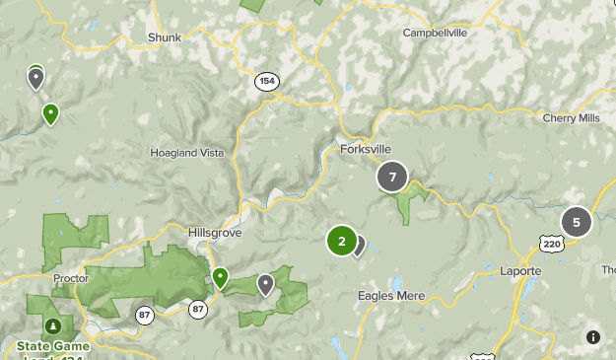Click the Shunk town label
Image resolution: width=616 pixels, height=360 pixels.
pos(166,37)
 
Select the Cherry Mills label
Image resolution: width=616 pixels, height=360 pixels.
pos(571,117)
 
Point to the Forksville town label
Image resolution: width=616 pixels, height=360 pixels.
pos(366,149)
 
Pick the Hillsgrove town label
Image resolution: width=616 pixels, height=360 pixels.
pos(215,233)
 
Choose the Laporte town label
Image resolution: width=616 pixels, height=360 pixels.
pos(520,271)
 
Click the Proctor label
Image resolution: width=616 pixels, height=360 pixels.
pos(71,278)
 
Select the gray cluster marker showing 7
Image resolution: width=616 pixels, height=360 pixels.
pos(392,178)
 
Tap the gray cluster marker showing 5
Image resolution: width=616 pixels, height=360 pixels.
pos(577,222)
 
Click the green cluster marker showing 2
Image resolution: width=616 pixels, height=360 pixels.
pos(342,241)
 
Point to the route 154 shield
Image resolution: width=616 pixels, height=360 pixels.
pos(266,82)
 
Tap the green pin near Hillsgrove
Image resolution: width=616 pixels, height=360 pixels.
pos(220,278)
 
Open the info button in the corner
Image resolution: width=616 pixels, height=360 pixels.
pos(593,337)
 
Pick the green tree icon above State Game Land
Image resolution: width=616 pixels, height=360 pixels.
pos(52,325)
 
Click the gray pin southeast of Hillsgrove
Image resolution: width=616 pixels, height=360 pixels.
pos(265,285)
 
